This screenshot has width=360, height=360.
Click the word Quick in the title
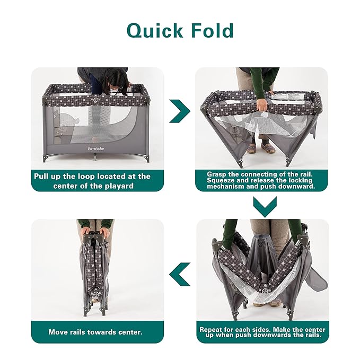pyautogui.click(x=155, y=31)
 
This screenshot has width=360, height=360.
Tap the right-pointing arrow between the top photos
pyautogui.click(x=180, y=111)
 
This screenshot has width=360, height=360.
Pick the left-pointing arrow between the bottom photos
pyautogui.click(x=180, y=274)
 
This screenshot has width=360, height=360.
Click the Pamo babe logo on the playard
pyautogui.click(x=96, y=149)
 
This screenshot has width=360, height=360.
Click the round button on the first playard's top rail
pyautogui.click(x=95, y=100)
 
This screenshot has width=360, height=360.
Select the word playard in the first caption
pyautogui.click(x=119, y=186)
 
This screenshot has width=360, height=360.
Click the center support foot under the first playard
pyautogui.click(x=95, y=158)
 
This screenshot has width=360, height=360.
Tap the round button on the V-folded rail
pyautogui.click(x=266, y=291)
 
